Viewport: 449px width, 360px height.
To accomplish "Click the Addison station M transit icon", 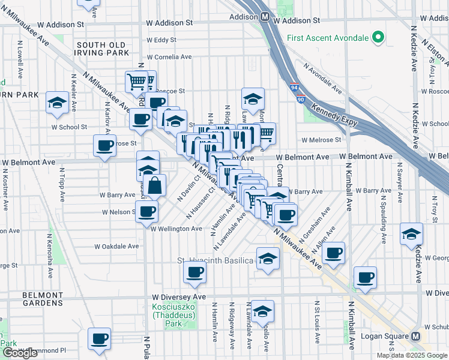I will point(265,17).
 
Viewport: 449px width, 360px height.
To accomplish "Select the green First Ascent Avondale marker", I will point(378,38).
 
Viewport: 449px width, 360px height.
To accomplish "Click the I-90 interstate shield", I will point(300,99).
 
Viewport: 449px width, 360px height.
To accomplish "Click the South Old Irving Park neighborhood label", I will point(101,49).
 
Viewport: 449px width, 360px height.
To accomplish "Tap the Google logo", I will point(20,353).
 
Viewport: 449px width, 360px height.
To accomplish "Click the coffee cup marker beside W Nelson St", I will point(146,211).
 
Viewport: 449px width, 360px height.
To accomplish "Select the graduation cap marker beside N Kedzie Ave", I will point(411,233).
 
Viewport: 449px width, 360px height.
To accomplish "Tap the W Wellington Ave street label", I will point(176,229).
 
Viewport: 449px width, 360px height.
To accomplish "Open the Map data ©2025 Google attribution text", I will point(411,355).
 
